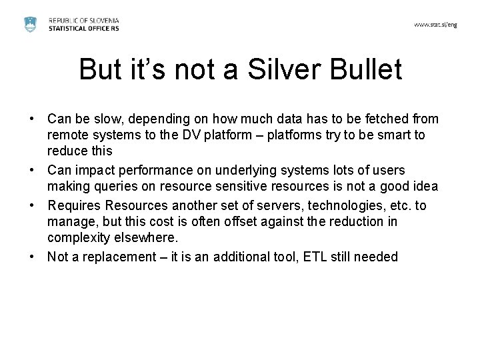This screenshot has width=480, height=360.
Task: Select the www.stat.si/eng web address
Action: (x=435, y=24)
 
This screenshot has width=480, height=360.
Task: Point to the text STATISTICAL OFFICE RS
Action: (x=84, y=28)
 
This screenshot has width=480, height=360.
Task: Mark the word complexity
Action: (x=79, y=237)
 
